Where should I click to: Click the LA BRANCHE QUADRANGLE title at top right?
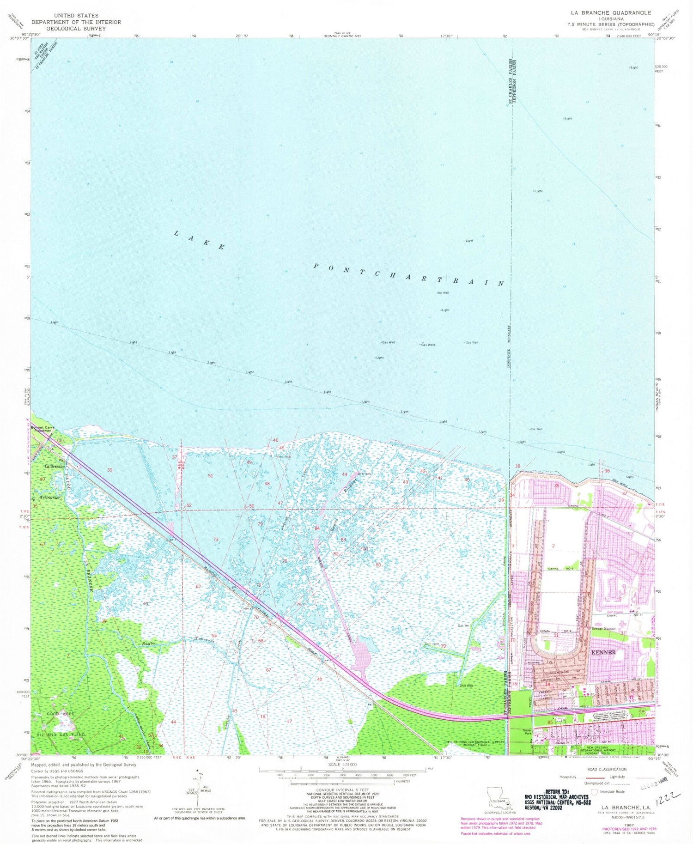[619, 12]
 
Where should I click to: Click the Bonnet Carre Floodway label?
[43, 430]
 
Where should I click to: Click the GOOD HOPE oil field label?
[61, 714]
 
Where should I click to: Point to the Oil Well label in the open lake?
[443, 293]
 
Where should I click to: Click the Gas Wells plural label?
[427, 345]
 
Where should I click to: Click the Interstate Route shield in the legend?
[595, 791]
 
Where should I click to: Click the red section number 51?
[211, 475]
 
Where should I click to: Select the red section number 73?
[216, 540]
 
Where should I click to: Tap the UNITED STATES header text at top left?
[76, 15]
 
